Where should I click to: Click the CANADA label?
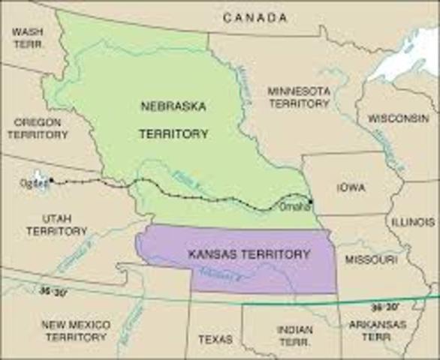tap(255, 16)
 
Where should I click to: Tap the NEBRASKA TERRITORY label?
tap(172, 119)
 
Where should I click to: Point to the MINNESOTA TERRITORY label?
tap(299, 97)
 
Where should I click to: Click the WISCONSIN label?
tap(398, 118)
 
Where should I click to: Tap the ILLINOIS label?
tap(411, 223)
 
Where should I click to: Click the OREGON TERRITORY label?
tap(38, 127)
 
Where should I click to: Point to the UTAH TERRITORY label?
tap(56, 224)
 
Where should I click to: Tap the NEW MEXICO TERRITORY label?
tap(75, 331)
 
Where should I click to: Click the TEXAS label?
tap(215, 339)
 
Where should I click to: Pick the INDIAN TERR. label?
tap(294, 335)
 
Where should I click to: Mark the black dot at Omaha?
tap(311, 201)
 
